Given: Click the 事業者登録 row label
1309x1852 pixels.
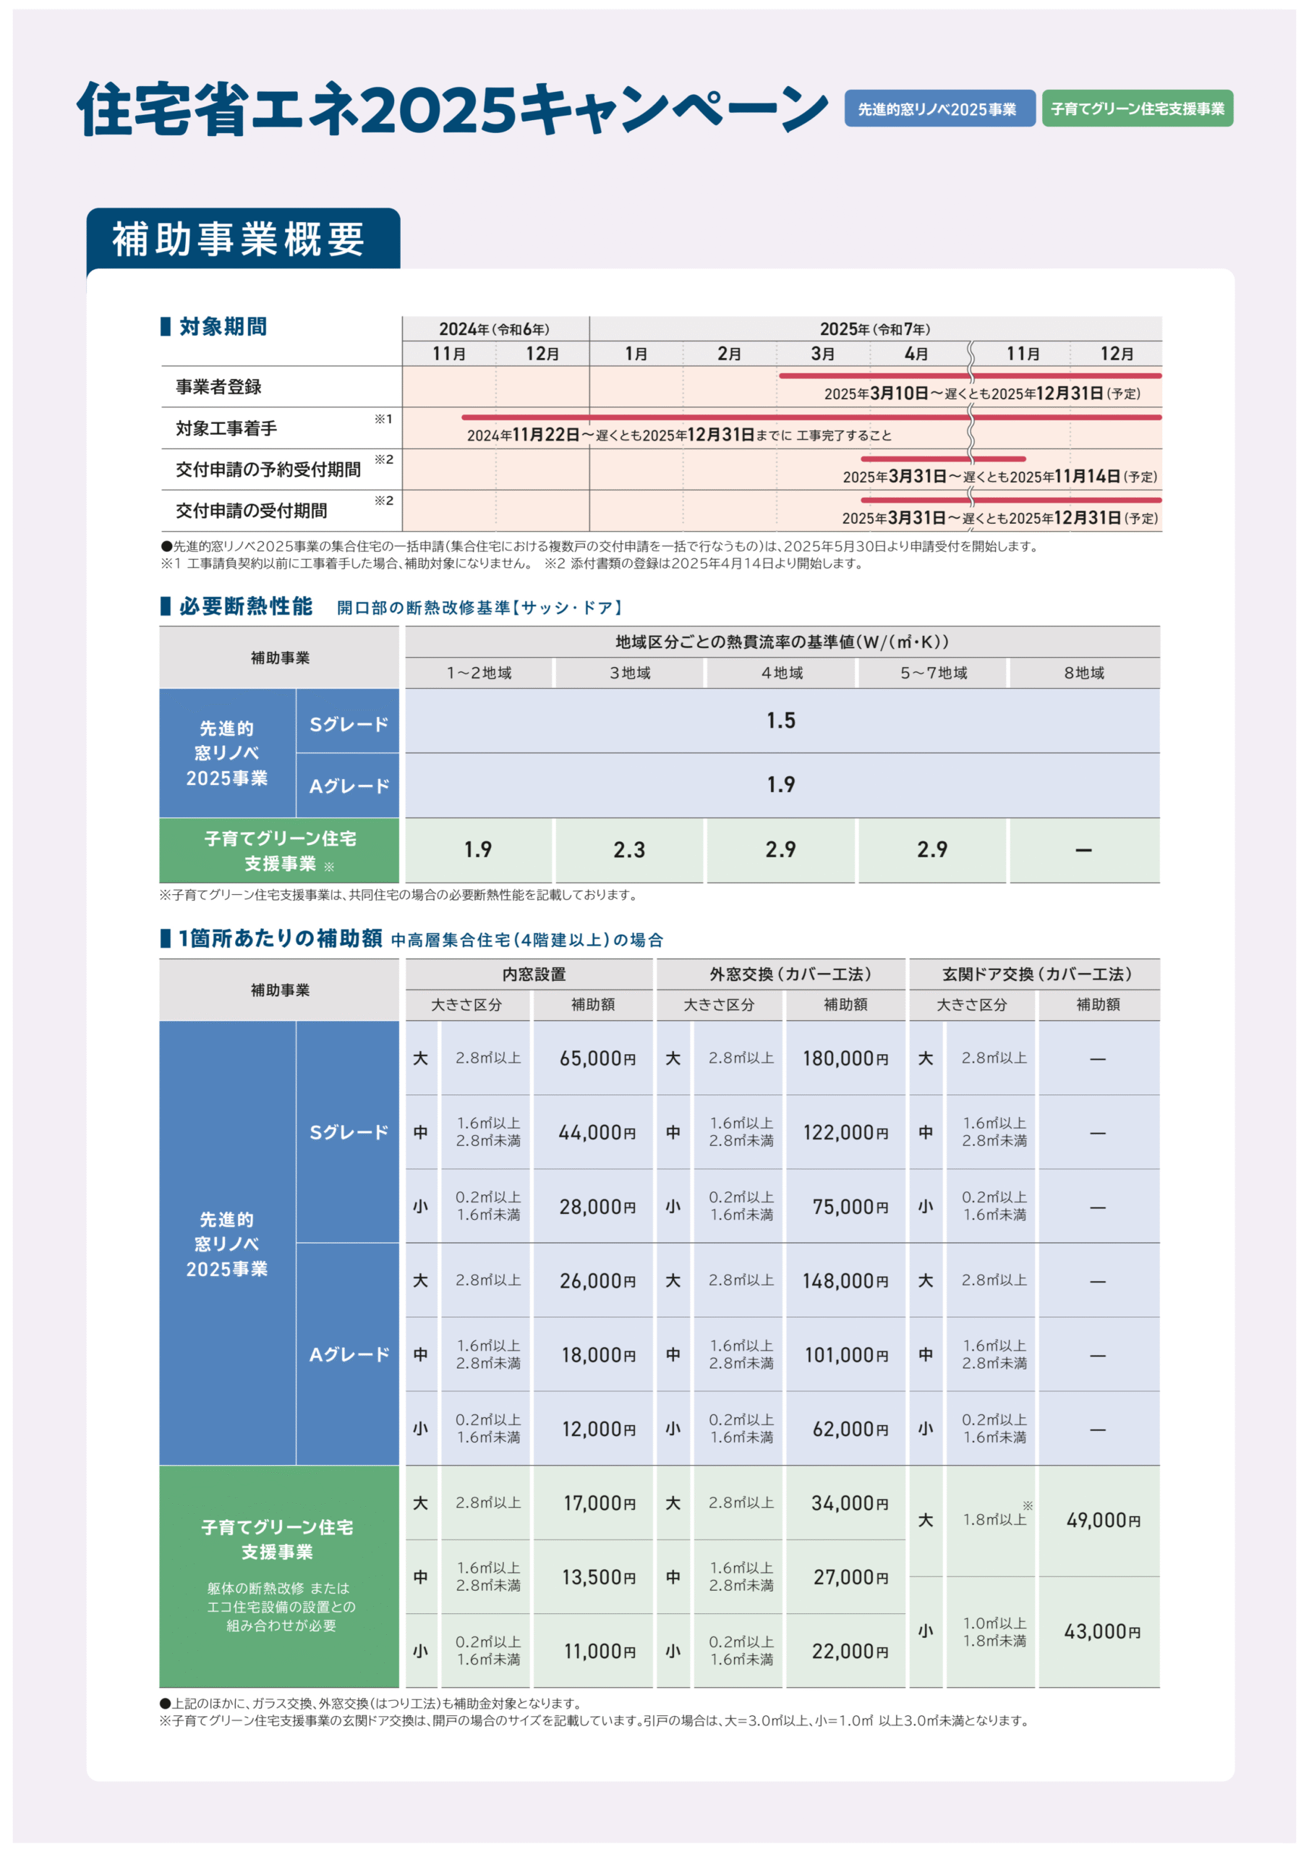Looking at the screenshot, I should coord(218,387).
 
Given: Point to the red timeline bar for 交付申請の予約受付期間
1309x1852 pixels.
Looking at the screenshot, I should coord(942,459).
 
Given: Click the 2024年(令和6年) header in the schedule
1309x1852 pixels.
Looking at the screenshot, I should coord(495,329).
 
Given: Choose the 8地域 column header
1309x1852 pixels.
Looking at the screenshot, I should coord(1083,673).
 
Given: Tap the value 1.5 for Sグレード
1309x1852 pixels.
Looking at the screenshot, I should coord(781,721).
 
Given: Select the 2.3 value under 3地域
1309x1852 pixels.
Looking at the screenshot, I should coord(629,850).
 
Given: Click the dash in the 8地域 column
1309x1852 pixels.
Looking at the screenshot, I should coord(1083,850).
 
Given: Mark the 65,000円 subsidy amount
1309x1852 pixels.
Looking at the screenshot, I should coord(597,1058).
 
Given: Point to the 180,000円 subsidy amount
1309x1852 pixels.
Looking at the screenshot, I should coord(845,1058).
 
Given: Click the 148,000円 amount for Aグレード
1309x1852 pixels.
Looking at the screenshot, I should coord(845,1281).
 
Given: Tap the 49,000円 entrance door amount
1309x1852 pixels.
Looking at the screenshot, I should coord(1103,1521).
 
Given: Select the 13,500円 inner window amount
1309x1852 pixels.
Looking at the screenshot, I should coord(598,1577).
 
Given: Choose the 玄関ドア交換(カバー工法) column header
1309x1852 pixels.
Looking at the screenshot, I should coord(1036,974).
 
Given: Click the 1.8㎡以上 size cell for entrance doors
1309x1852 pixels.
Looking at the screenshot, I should coord(994,1520).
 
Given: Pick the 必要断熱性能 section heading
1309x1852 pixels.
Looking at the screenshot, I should coord(245,606).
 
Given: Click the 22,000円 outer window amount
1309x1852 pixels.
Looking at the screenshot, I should coord(849,1651).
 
